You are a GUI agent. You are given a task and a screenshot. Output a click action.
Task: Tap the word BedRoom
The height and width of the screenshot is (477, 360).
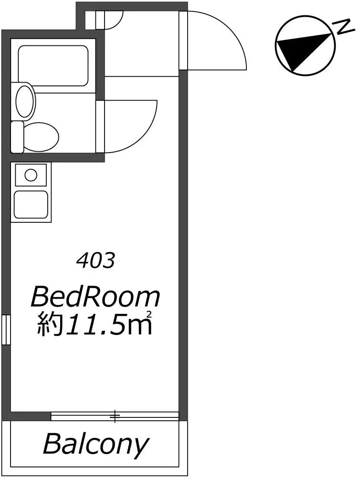pyautogui.click(x=95, y=297)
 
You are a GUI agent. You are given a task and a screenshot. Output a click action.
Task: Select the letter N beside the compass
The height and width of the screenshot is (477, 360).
pyautogui.click(x=344, y=27)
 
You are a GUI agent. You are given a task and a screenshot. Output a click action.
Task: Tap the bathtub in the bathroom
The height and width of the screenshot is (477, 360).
pyautogui.click(x=53, y=66)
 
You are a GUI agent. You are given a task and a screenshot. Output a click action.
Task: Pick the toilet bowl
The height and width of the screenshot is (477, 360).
pyautogui.click(x=41, y=136)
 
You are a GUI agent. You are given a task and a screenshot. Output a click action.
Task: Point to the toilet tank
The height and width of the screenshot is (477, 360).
pyautogui.click(x=17, y=137)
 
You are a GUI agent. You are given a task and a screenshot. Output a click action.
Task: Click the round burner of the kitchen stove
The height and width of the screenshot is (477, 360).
pyautogui.click(x=31, y=175)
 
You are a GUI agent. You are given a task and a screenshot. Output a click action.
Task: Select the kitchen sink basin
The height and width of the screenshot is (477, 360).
pyautogui.click(x=31, y=205)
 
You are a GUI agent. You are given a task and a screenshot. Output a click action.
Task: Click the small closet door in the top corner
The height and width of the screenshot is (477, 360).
pyautogui.click(x=100, y=20)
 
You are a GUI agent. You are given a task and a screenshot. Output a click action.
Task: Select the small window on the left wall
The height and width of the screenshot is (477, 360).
pyautogui.click(x=6, y=330)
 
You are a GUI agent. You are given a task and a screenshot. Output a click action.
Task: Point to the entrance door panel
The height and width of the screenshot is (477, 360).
pyautogui.click(x=183, y=41)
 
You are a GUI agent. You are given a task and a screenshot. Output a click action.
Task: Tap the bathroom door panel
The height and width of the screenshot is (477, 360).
pyautogui.click(x=100, y=126)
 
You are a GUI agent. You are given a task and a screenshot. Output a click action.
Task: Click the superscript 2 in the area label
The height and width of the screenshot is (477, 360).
pyautogui.click(x=149, y=314)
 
